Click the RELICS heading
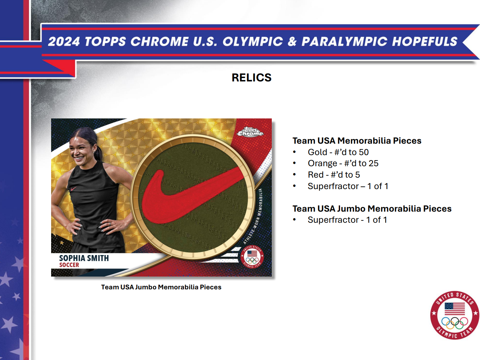(x=251, y=78)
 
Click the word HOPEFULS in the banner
(x=424, y=42)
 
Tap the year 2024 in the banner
(x=64, y=42)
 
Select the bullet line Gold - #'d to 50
(x=338, y=152)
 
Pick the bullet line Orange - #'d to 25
(x=343, y=164)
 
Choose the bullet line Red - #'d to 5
(x=334, y=175)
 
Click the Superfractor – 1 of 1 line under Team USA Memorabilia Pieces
(x=348, y=186)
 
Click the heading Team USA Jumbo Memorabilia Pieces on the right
(x=372, y=209)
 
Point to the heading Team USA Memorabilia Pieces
(x=357, y=141)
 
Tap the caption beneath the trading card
(x=161, y=287)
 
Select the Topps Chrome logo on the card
(x=250, y=132)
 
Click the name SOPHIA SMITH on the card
(x=84, y=258)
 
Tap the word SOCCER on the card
(x=69, y=265)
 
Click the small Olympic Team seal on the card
(x=252, y=257)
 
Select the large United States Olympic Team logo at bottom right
(x=454, y=315)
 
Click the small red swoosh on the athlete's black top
(x=73, y=189)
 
